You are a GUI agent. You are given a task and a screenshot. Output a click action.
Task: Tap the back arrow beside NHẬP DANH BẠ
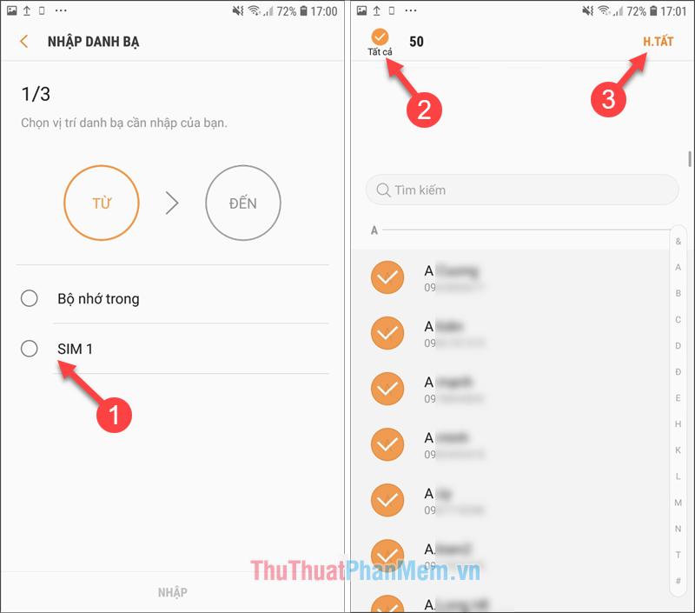click(24, 42)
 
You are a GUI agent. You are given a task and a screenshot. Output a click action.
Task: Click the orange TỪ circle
click(102, 203)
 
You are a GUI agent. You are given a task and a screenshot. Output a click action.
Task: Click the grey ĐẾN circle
click(243, 203)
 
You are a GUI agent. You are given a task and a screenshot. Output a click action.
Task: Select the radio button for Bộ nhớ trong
click(30, 298)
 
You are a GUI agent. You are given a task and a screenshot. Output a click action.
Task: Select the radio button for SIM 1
click(30, 349)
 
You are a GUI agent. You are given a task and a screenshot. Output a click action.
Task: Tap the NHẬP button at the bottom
click(172, 592)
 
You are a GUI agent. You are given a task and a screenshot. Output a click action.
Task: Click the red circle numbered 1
click(113, 415)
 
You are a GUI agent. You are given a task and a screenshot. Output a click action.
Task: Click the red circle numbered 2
click(425, 110)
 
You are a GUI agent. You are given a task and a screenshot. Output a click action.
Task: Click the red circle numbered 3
click(609, 98)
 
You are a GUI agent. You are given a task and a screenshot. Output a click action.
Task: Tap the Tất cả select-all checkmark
click(380, 37)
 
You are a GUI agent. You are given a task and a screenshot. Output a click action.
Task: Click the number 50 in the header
click(416, 42)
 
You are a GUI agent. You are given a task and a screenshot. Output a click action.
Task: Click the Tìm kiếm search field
click(521, 190)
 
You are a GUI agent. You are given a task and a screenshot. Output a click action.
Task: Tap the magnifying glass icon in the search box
click(382, 190)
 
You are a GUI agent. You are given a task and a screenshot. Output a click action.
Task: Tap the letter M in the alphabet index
click(678, 503)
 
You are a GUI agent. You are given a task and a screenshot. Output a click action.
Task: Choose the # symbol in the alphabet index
click(678, 580)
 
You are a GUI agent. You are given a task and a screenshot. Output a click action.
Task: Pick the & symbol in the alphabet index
click(678, 241)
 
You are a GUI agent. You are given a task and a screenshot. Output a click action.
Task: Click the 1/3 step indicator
click(35, 93)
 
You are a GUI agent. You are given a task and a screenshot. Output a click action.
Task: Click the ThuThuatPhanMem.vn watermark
click(365, 571)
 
